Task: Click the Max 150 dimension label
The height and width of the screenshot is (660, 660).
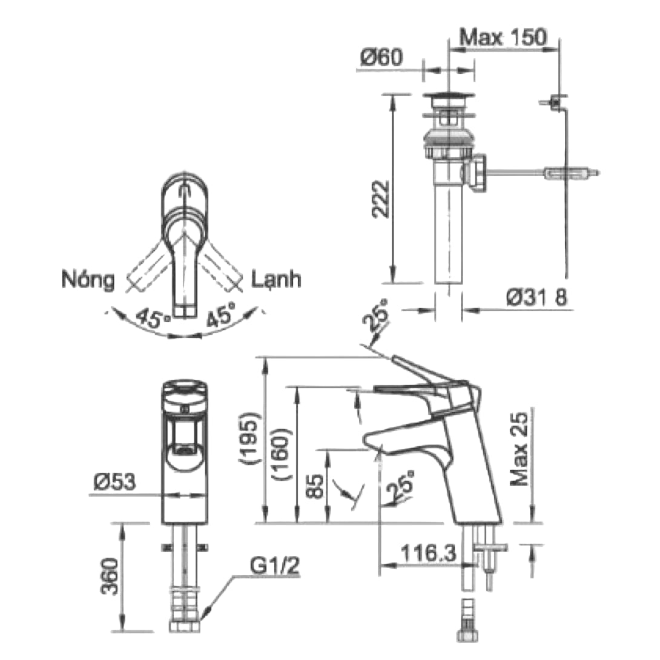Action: click(503, 38)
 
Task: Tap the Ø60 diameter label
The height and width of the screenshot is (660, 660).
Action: click(381, 58)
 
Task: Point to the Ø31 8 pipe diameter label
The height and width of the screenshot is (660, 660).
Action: click(536, 297)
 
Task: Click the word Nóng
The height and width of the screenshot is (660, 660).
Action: click(88, 280)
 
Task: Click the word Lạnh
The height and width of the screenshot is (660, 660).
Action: click(276, 280)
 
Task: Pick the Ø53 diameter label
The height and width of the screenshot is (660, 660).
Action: click(115, 482)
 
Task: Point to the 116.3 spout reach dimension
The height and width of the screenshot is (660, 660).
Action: click(422, 553)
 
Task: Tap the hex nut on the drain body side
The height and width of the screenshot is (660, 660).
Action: click(477, 173)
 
